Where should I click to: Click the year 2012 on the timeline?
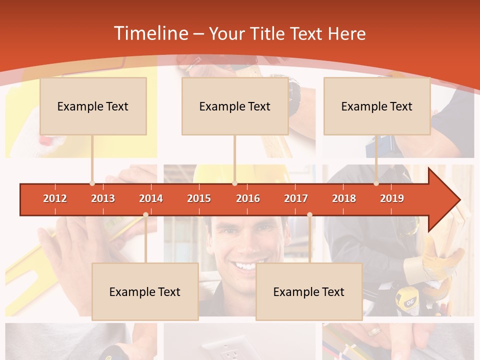pos(55,198)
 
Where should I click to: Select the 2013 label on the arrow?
pos(103,198)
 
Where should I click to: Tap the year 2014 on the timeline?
pos(151,198)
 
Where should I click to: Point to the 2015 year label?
pos(199,198)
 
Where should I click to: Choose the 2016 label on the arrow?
pos(248,198)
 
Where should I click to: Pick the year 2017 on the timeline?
pos(296,198)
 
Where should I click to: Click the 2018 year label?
pos(344,198)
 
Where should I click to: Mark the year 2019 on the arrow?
pos(392,198)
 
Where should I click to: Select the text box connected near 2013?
pos(93,106)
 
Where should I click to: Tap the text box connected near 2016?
pos(235,106)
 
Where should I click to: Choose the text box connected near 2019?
pos(377,106)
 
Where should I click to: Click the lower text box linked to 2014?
pos(145,291)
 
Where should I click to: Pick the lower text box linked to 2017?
pos(309,291)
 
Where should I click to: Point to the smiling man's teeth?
pos(245,265)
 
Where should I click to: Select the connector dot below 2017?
pos(309,214)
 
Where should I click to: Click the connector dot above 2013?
pos(92,183)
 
